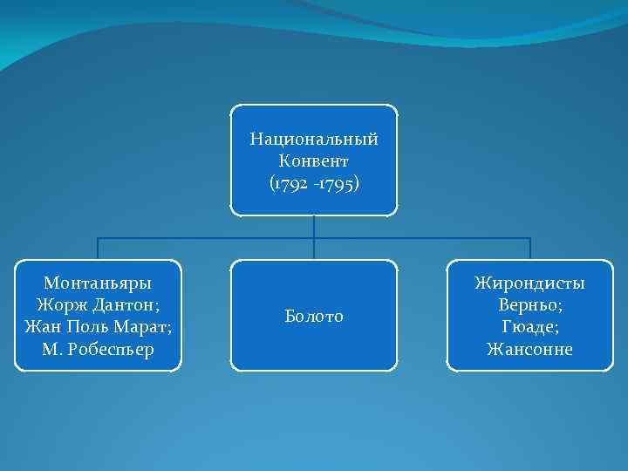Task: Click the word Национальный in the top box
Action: [x=314, y=140]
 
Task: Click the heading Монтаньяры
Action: [x=97, y=284]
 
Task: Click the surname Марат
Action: [x=145, y=328]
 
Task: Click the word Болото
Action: [x=314, y=316]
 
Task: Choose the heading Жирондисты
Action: [x=529, y=283]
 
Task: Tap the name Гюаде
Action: [x=529, y=328]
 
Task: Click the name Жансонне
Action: [x=529, y=350]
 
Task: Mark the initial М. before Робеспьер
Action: [x=49, y=350]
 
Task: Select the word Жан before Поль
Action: [x=41, y=328]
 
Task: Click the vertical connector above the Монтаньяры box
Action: [x=97, y=249]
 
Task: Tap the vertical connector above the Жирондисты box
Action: [x=529, y=249]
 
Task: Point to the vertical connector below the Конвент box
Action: [x=314, y=226]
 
